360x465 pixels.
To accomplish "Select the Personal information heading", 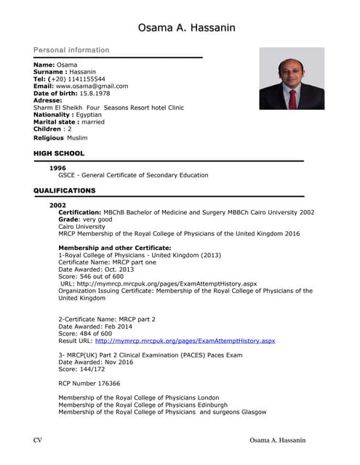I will click(71, 50).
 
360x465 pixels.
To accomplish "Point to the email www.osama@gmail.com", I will click(92, 86).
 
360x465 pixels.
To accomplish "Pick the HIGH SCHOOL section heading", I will click(59, 153).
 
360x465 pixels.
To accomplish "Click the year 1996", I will click(57, 168).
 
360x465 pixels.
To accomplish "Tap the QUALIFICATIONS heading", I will click(65, 190).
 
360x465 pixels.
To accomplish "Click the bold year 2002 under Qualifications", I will click(57, 205).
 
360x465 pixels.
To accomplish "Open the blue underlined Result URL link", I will click(185, 340).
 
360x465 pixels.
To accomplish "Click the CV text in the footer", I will click(39, 440).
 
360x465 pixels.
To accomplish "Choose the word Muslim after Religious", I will click(77, 137).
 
